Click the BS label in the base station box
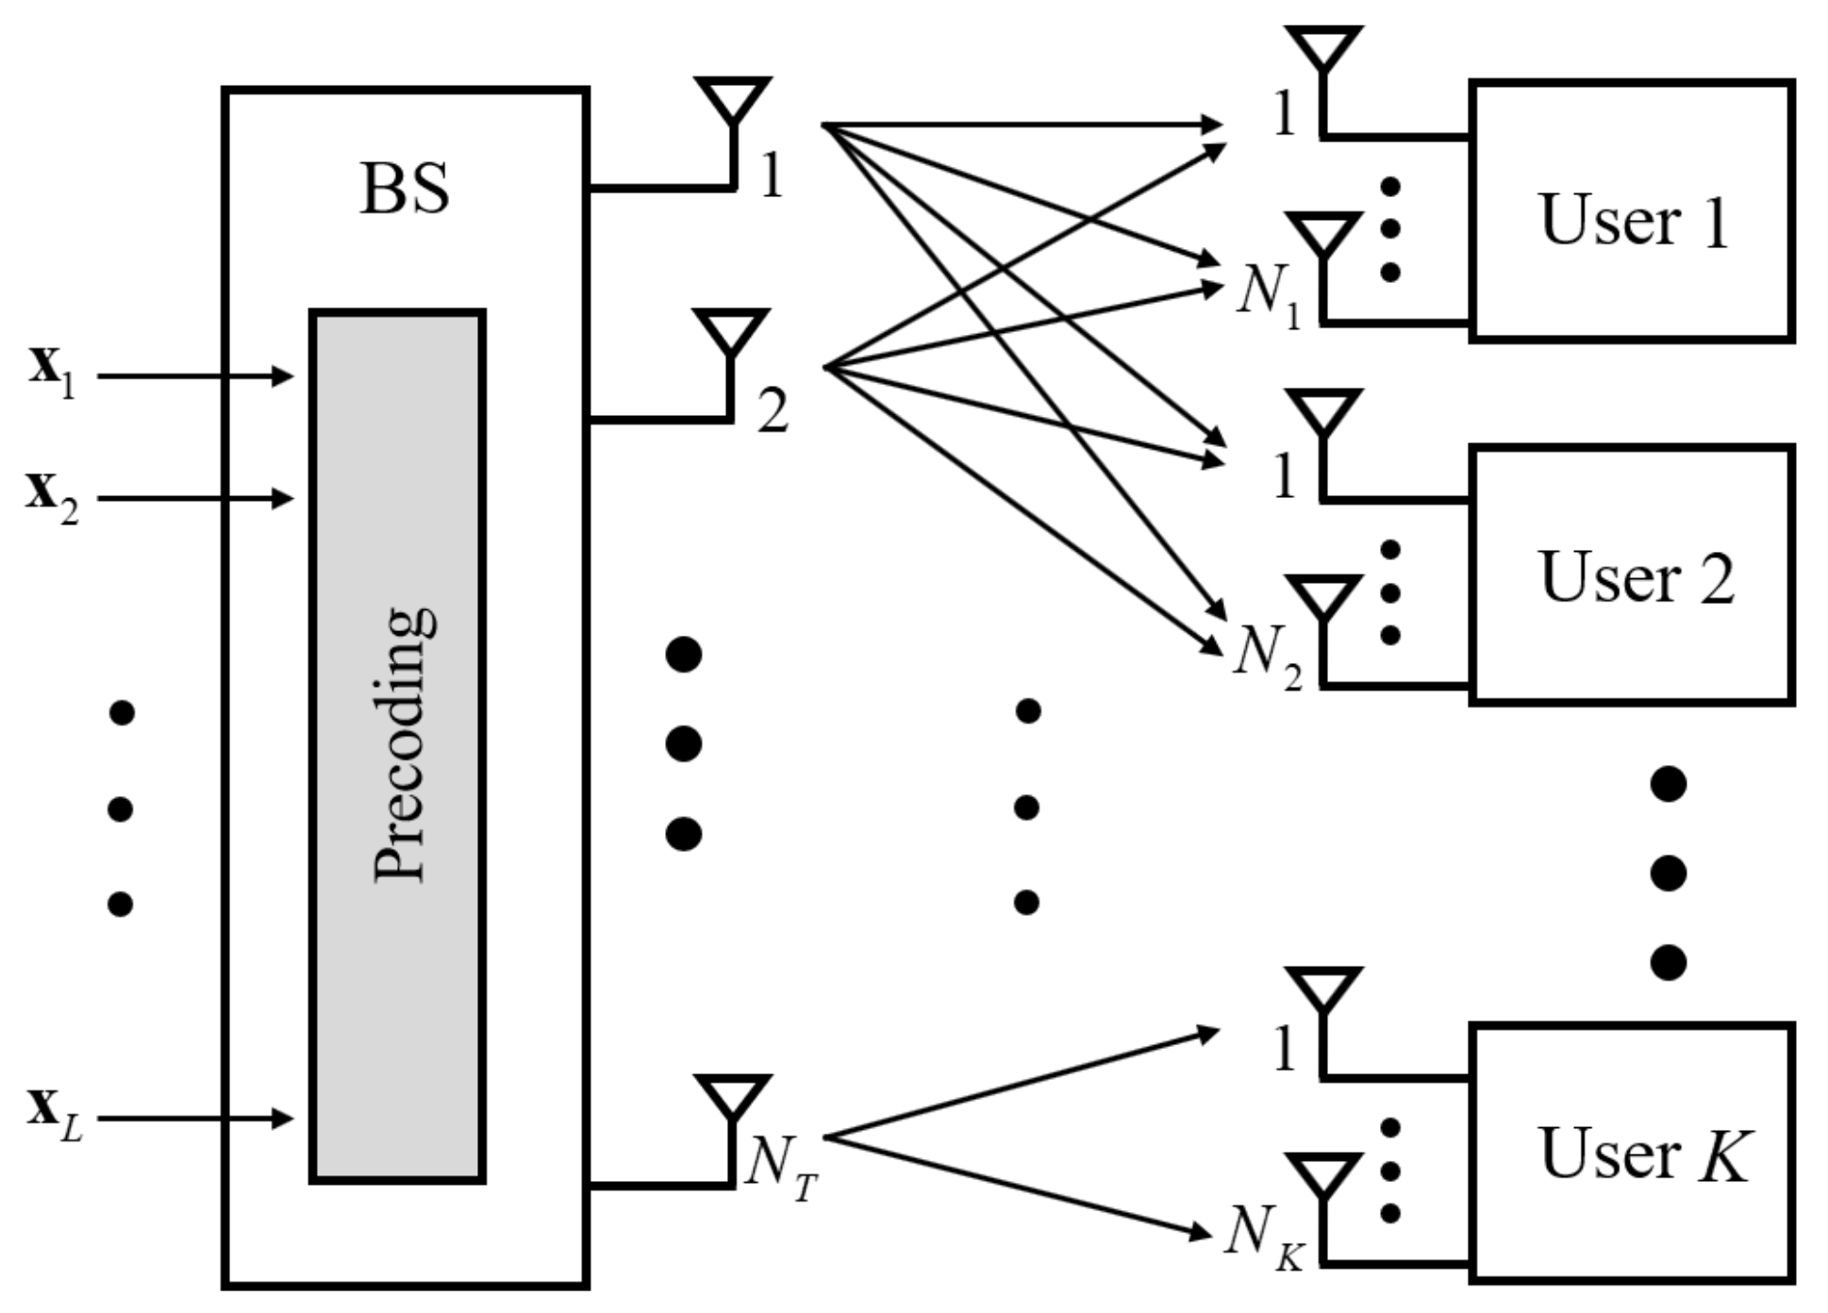[x=404, y=189]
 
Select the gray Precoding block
[x=397, y=745]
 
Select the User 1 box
[x=1631, y=211]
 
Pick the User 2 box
[x=1631, y=575]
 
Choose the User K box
[x=1631, y=1153]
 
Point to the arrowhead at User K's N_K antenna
[x=1202, y=1232]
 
